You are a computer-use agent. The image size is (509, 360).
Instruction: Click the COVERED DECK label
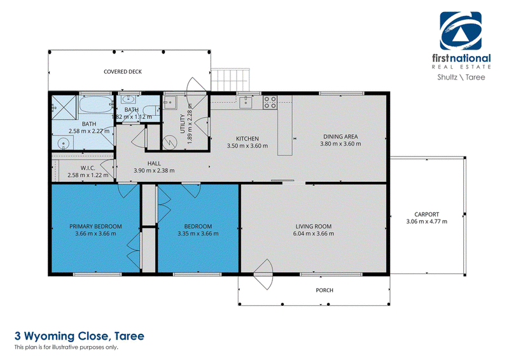click(x=123, y=72)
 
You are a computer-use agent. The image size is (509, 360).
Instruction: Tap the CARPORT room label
click(x=426, y=214)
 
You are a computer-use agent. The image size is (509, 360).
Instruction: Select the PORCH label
click(x=324, y=290)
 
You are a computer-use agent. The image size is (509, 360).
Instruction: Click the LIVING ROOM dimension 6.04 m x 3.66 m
click(x=313, y=233)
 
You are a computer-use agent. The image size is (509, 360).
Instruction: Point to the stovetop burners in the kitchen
click(x=270, y=102)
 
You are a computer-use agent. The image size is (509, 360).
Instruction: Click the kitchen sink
click(x=246, y=102)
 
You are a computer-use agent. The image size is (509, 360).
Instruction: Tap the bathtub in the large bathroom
click(x=96, y=104)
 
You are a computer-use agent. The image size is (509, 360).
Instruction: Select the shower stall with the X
click(x=64, y=107)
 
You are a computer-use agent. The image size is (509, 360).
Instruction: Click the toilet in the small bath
click(x=151, y=111)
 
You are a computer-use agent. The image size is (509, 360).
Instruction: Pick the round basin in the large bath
click(x=62, y=142)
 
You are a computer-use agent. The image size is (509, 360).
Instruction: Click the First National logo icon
click(x=461, y=31)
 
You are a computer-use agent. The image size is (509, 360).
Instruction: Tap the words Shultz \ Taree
click(x=461, y=77)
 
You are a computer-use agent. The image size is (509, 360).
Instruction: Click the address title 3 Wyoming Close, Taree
click(x=80, y=336)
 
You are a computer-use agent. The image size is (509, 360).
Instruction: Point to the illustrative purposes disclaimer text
click(x=66, y=347)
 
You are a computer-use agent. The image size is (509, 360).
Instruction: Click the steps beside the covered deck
click(x=230, y=80)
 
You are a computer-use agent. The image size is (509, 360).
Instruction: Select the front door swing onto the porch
click(x=263, y=275)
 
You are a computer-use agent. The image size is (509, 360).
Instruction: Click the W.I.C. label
click(x=88, y=168)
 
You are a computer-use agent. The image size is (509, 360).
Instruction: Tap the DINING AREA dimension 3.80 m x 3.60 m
click(x=340, y=144)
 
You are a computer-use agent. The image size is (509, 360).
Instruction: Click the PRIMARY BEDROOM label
click(x=95, y=226)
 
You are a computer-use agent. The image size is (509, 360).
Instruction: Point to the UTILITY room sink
click(x=169, y=102)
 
